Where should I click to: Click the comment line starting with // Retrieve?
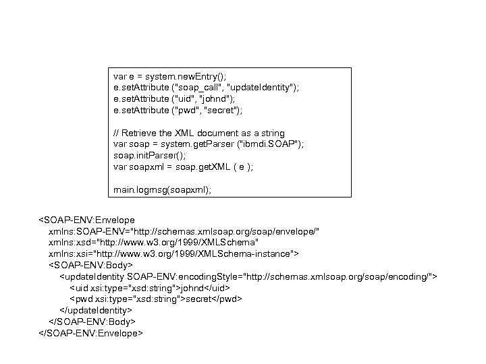coord(199,133)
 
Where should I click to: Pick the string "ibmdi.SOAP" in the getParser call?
coord(274,144)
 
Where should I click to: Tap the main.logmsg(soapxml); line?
coord(162,191)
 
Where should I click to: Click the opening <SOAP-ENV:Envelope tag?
coord(87,220)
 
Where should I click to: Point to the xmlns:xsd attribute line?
coord(153,242)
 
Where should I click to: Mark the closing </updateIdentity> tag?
coord(96,310)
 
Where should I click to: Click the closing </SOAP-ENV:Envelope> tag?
coord(90,332)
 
